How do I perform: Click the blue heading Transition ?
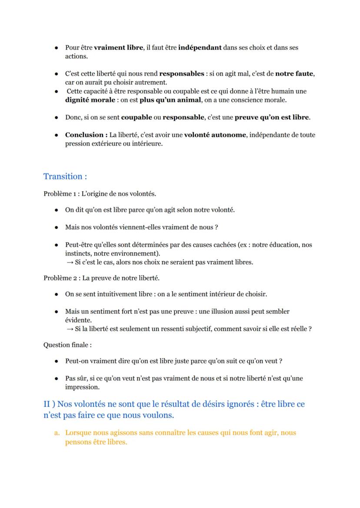pos(65,176)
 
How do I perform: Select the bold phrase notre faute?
pos(294,74)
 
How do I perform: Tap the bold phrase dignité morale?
pos(90,100)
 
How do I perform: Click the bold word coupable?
pos(136,117)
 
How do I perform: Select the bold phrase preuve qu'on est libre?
pos(272,117)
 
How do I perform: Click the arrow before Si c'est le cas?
pos(70,262)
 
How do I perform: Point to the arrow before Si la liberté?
pos(70,329)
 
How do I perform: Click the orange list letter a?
pos(57,433)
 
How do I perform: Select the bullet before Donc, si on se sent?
pos(57,118)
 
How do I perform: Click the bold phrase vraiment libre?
pos(118,48)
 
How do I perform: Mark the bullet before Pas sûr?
pos(57,379)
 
